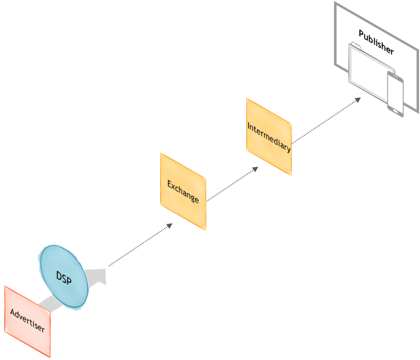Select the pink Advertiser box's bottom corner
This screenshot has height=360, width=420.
point(50,357)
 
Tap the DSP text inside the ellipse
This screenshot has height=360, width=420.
point(64,278)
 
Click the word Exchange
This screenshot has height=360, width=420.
point(183,191)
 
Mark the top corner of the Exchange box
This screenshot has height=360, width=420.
point(161,153)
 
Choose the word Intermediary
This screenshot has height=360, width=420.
point(269,137)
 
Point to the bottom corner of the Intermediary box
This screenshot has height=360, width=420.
point(291,175)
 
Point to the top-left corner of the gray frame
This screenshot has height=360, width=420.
point(335,2)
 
